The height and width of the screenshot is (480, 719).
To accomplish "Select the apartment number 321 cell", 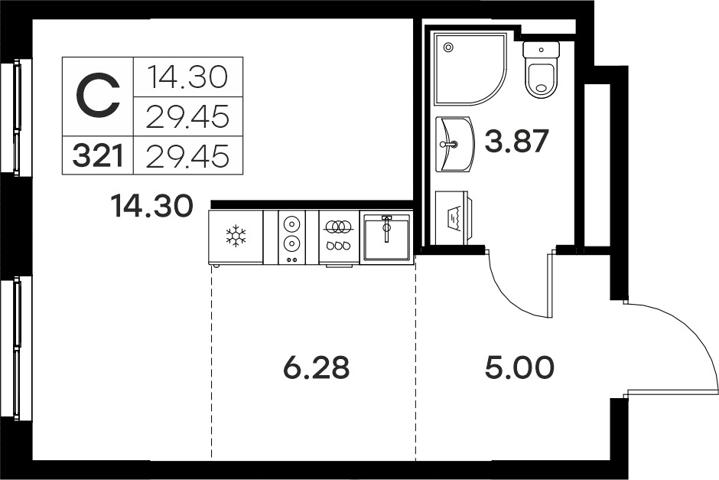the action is pyautogui.click(x=98, y=155).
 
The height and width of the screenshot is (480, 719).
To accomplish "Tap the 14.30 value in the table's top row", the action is pyautogui.click(x=187, y=77).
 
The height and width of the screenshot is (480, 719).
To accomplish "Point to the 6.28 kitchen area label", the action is pyautogui.click(x=317, y=367).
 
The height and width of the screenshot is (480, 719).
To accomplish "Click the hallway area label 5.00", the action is pyautogui.click(x=519, y=367).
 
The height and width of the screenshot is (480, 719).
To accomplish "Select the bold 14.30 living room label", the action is pyautogui.click(x=151, y=206).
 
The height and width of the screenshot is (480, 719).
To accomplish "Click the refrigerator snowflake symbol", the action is pyautogui.click(x=236, y=236).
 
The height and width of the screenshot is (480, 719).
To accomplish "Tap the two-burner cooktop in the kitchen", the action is pyautogui.click(x=291, y=237).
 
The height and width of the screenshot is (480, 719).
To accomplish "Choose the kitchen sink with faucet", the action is pyautogui.click(x=386, y=237).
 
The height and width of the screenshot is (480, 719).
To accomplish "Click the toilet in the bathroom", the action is pyautogui.click(x=542, y=70).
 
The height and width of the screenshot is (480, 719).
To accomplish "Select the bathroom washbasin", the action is pyautogui.click(x=454, y=144).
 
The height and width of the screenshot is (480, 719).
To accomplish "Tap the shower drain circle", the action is pyautogui.click(x=448, y=47).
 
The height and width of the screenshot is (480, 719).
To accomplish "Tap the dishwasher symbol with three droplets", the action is pyautogui.click(x=338, y=237).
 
